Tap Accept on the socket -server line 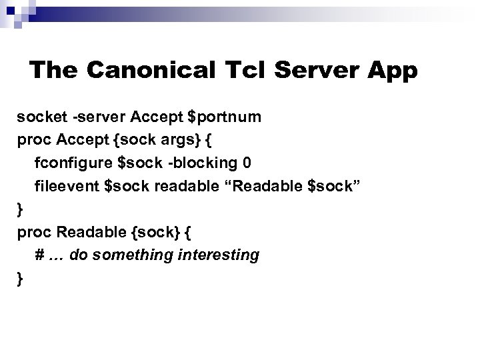click(157, 117)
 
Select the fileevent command click(67, 186)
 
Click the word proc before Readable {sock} click(35, 233)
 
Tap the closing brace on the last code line click(20, 279)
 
